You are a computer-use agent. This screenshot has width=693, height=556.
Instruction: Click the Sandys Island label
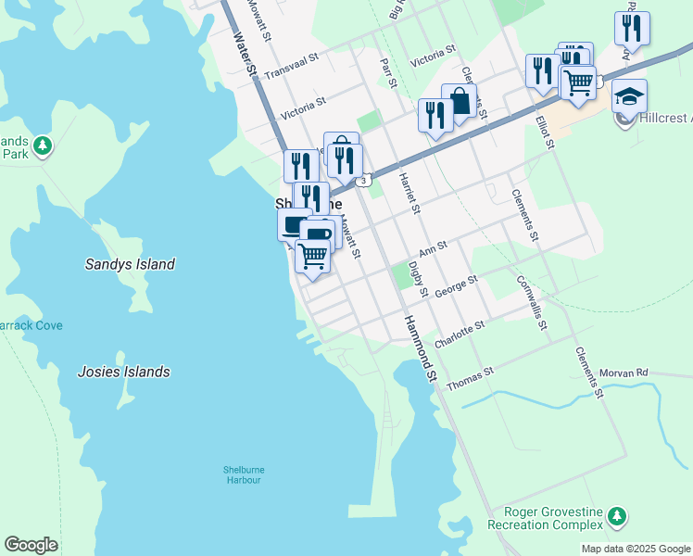[x=130, y=264]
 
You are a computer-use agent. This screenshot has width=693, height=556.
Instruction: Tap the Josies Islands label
[x=123, y=372]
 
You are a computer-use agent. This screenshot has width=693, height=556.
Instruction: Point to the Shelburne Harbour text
[x=242, y=474]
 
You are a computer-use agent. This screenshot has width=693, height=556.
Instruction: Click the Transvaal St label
[x=291, y=65]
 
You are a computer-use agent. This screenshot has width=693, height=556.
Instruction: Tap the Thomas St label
[x=470, y=377]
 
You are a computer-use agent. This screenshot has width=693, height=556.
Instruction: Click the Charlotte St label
[x=460, y=335]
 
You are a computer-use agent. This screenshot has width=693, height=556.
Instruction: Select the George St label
[x=456, y=284]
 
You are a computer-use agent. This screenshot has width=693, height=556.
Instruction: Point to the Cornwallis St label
[x=532, y=301]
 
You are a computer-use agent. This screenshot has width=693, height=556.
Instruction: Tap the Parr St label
[x=390, y=73]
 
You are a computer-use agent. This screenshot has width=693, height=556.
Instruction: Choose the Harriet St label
[x=409, y=194]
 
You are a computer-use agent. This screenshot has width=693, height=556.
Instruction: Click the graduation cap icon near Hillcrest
[x=629, y=96]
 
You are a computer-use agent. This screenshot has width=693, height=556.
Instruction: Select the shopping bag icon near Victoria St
[x=459, y=101]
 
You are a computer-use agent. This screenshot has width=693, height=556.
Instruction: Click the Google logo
[x=31, y=545]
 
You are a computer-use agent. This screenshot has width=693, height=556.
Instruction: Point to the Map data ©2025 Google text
[x=635, y=549]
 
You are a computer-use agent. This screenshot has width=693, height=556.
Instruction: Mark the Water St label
[x=244, y=56]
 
